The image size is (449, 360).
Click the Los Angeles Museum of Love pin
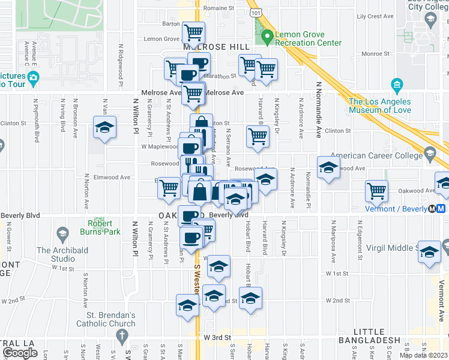tap(397, 85)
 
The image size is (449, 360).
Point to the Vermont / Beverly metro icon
tap(441, 208)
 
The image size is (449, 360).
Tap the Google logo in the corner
tap(20, 353)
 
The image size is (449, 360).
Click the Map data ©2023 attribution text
tap(423, 355)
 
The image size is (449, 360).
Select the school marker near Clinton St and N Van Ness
tap(104, 128)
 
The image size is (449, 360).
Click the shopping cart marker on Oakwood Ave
tap(376, 190)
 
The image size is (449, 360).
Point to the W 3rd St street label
tap(217, 338)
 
